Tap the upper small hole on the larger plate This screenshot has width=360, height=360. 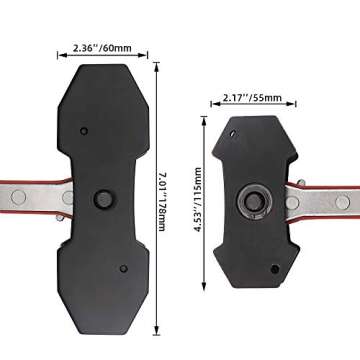point(85,130)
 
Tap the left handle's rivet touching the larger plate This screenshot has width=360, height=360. point(67,198)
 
